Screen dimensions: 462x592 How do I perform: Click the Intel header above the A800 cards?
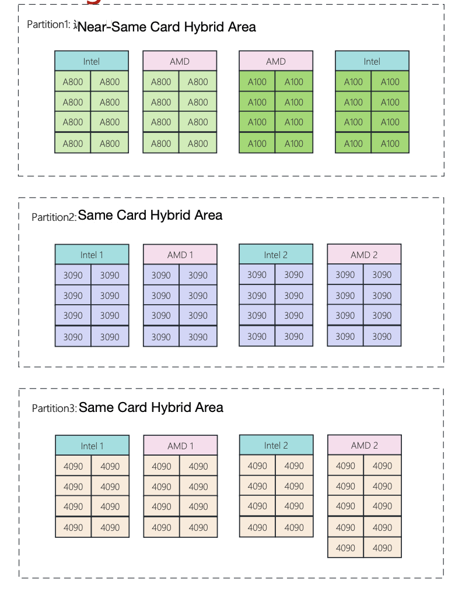click(x=92, y=61)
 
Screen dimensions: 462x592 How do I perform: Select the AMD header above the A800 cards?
click(x=180, y=61)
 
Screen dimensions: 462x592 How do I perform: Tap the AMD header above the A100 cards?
click(x=276, y=61)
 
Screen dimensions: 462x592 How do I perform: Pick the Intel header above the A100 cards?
click(x=372, y=61)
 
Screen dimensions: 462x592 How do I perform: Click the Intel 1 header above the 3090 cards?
click(x=92, y=255)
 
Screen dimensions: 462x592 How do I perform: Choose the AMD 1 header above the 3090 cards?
click(x=180, y=255)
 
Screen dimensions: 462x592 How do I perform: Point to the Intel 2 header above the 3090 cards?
click(x=276, y=254)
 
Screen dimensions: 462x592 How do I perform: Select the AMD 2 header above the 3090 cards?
click(x=364, y=254)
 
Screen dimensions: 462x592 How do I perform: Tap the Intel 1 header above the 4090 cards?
click(x=92, y=446)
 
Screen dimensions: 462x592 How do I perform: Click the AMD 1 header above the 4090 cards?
click(x=181, y=446)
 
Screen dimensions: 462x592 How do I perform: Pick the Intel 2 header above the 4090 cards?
click(x=276, y=445)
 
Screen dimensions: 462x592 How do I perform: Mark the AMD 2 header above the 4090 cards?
click(x=365, y=445)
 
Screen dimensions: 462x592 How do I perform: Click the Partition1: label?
click(x=49, y=24)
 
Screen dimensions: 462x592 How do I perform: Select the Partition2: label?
click(x=54, y=217)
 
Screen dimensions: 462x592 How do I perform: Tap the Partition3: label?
click(x=54, y=408)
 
